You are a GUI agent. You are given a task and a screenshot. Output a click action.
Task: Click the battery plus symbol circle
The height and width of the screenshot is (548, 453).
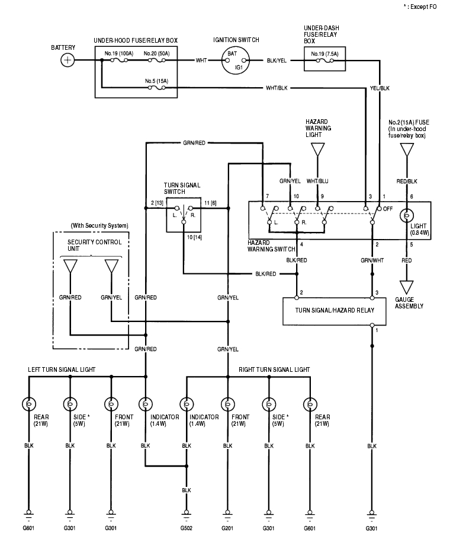(x=69, y=60)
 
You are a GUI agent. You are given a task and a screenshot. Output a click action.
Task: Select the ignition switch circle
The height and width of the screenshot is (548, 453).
(x=236, y=60)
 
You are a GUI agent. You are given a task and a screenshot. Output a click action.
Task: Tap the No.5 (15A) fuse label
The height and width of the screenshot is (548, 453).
(x=157, y=80)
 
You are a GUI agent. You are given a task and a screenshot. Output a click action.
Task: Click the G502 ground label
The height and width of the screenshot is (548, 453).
(x=187, y=527)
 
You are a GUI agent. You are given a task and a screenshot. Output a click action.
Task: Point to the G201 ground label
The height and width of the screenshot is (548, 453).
(x=227, y=527)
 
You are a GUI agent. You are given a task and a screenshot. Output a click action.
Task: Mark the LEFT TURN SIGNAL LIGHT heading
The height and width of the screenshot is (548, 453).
(x=62, y=369)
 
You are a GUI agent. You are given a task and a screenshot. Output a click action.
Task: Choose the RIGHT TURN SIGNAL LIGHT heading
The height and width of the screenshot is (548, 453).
(x=274, y=369)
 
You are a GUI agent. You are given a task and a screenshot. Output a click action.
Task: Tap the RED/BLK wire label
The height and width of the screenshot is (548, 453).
(x=407, y=180)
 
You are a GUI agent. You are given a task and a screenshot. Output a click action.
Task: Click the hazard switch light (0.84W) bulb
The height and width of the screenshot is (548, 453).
(x=407, y=215)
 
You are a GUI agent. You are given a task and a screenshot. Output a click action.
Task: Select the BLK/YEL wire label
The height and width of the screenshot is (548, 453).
(x=277, y=60)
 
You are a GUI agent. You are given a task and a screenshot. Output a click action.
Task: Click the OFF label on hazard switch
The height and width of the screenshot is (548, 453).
(x=389, y=209)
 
